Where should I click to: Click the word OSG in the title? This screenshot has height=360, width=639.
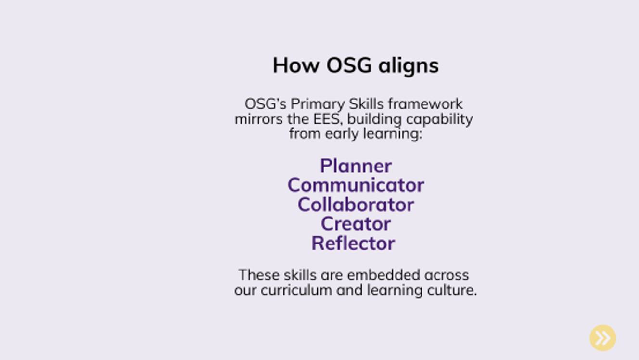click(349, 65)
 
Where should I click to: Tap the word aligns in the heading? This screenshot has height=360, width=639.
click(409, 67)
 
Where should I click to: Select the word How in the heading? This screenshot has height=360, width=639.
click(296, 65)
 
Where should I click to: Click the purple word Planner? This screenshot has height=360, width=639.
click(356, 166)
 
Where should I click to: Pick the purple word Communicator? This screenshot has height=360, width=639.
click(356, 185)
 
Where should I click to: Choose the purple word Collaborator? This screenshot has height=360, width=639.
click(356, 205)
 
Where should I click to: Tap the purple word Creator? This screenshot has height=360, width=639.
click(356, 224)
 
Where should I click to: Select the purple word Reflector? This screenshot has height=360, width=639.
click(353, 244)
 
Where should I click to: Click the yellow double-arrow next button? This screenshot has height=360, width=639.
click(603, 338)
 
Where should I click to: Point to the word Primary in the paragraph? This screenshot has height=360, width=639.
click(318, 104)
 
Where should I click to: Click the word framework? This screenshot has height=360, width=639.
click(425, 104)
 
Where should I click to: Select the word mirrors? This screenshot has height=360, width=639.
click(259, 119)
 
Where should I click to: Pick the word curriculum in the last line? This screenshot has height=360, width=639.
click(296, 290)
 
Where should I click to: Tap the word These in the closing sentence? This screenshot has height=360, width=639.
click(259, 275)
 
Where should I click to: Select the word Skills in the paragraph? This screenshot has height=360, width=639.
click(366, 104)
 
